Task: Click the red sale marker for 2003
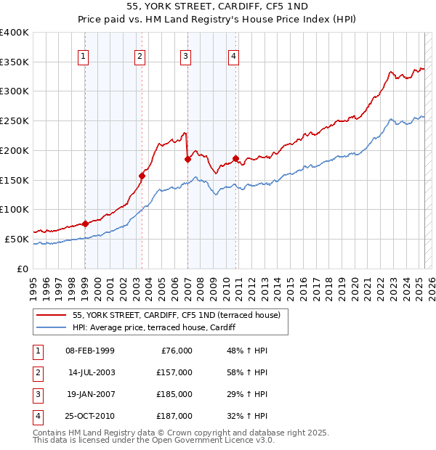coord(142,175)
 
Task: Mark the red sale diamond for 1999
coord(85,224)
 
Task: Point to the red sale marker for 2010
coord(235,157)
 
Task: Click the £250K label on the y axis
coord(15,120)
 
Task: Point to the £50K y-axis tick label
coord(17,239)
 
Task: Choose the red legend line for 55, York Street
coord(51,315)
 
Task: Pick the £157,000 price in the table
coord(175,372)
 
